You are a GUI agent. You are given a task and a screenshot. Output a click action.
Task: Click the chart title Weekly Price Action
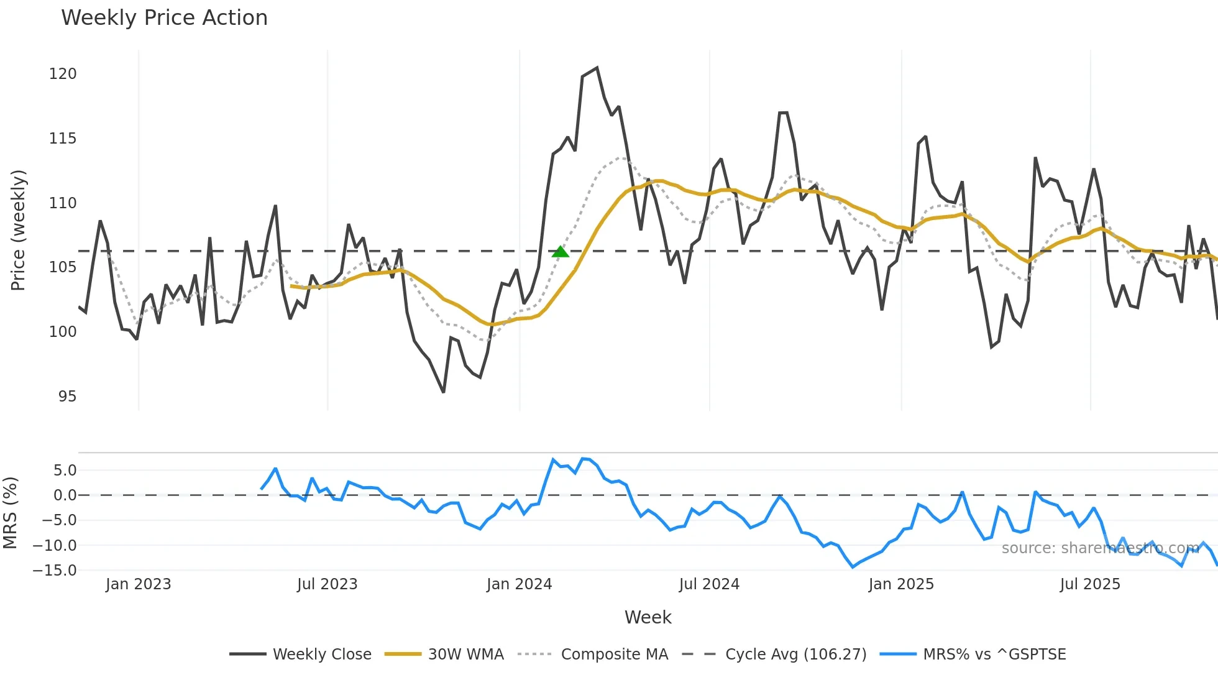point(164,18)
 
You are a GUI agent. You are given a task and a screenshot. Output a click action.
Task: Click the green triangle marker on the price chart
point(561,252)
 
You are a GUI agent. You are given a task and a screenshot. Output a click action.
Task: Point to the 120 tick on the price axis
point(63,74)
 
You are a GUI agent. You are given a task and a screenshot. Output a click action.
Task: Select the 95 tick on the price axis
point(67,397)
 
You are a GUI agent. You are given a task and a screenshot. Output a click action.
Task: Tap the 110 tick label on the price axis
point(63,203)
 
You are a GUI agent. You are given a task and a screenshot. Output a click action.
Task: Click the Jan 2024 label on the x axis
point(519,584)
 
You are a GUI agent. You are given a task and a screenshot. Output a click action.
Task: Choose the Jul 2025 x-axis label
point(1090,584)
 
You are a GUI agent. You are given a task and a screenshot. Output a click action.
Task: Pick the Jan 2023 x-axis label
point(138,584)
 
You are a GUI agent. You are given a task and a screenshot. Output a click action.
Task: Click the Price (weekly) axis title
point(19,230)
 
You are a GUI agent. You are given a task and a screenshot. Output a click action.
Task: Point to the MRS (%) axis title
point(10,513)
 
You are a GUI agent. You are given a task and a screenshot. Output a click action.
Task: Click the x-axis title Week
point(648,617)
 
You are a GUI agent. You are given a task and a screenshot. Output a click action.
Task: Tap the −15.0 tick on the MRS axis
point(55,571)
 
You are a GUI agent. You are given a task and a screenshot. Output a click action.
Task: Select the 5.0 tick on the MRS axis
point(65,471)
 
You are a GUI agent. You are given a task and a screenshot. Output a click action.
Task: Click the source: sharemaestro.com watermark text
point(1100,548)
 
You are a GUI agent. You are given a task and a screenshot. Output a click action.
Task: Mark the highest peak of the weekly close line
point(597,68)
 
